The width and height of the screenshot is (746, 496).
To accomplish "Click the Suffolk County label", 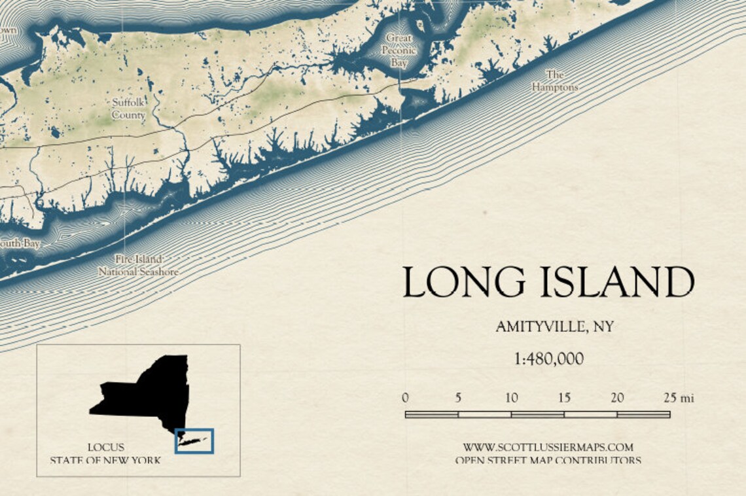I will coord(128,109).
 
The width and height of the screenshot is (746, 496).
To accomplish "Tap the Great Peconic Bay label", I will coord(399,51).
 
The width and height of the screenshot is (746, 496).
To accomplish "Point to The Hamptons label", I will coord(554,81).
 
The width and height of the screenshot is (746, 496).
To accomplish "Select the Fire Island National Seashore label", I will coord(138,265).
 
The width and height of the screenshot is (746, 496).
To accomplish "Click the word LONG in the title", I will coord(463,283).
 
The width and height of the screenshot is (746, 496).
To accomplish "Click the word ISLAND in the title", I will coord(617,283).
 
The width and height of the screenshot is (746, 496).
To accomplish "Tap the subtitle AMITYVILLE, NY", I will coord(554,327).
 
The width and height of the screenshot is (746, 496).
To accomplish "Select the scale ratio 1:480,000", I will coord(549,359).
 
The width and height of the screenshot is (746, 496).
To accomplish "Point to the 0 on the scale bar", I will coord(406,398).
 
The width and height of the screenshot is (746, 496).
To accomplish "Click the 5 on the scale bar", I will coord(458,398).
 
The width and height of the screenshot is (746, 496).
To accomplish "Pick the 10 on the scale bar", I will coord(511,398).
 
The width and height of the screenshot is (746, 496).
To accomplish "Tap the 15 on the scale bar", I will coord(564,398).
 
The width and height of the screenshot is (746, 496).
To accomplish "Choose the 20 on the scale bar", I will coord(617,398).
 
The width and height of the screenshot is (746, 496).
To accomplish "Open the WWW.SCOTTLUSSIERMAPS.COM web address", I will coord(548,448).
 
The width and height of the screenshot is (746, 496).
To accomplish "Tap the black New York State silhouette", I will coord(151,393).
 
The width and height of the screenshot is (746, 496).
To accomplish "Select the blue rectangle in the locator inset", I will coord(194,441).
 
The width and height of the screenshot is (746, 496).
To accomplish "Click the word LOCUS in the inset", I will coord(105,448).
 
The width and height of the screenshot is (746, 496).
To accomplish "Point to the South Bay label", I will coord(20,243).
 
